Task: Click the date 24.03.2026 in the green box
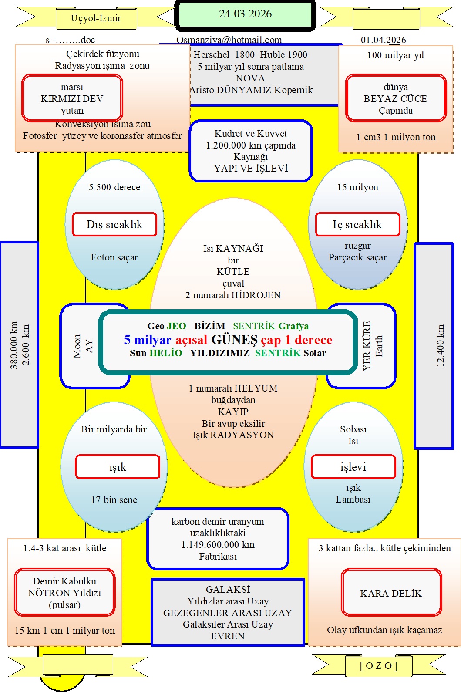245,14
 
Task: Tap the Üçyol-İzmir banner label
96,18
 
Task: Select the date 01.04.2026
383,40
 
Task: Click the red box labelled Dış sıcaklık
114,224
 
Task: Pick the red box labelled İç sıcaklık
357,224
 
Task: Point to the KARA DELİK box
391,593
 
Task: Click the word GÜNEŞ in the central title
234,340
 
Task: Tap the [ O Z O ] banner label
378,665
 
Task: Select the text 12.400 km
441,345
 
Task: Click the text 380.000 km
14,345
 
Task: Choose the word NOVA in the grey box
250,78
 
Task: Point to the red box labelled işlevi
353,467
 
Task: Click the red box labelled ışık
118,467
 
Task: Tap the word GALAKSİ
228,589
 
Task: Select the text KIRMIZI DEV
72,98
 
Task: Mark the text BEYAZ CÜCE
395,98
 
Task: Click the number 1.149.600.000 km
218,545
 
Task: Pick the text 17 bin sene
114,500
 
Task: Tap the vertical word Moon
77,346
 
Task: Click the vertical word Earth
379,346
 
